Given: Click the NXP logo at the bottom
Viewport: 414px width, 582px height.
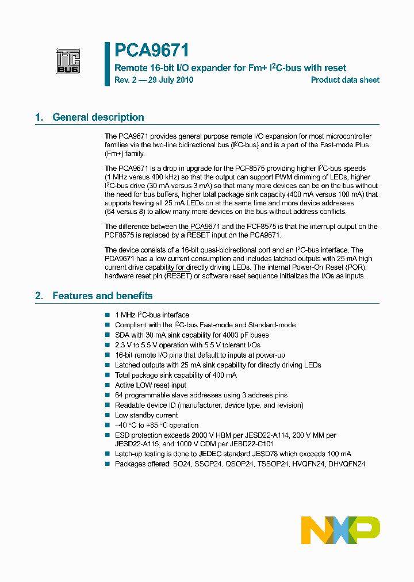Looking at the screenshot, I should (x=340, y=530).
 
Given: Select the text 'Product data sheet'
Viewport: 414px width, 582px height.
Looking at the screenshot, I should (x=345, y=80).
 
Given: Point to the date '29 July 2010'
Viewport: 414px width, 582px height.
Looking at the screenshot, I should (x=170, y=80).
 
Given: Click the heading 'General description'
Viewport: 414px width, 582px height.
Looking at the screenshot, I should (x=98, y=117).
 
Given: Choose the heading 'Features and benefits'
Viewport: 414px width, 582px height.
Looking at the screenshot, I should (x=102, y=296).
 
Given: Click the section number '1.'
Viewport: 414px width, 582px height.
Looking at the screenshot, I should (x=39, y=117).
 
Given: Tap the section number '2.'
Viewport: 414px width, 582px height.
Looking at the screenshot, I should (x=39, y=296).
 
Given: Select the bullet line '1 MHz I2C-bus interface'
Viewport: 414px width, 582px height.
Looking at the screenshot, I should (x=152, y=315).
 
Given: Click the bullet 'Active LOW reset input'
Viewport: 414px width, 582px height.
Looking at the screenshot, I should (x=151, y=385).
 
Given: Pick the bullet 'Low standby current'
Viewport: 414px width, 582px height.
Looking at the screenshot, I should (x=146, y=415).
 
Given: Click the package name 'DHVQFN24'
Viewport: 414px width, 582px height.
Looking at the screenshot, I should (x=347, y=464).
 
